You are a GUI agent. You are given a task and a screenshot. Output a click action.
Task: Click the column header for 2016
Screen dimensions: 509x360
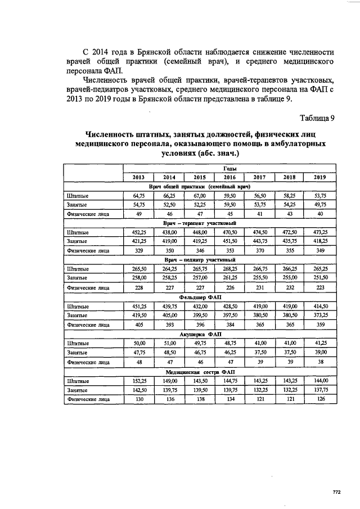(x=229, y=177)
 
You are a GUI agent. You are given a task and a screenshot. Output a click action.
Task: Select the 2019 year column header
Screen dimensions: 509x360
(x=320, y=177)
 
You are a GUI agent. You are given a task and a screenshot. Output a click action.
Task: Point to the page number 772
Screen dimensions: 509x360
(x=336, y=492)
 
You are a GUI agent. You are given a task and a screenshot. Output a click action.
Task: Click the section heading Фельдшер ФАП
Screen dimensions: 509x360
(x=199, y=297)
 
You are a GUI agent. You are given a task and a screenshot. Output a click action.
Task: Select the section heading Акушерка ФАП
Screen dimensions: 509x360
(x=199, y=334)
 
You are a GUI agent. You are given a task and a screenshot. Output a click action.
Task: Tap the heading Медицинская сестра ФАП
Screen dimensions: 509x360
(x=200, y=371)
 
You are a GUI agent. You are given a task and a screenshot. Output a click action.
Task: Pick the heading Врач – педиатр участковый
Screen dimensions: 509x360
(x=199, y=260)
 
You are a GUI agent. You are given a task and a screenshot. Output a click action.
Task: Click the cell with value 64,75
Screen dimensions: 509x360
(x=139, y=196)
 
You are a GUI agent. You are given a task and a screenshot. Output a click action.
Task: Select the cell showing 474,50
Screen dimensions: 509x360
(x=260, y=232)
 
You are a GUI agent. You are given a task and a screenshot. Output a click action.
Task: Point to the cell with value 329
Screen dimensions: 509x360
(x=139, y=251)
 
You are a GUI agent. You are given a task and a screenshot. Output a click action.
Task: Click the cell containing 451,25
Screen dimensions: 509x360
(x=139, y=306)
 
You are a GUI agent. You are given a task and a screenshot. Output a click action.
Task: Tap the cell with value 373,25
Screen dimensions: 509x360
(x=320, y=316)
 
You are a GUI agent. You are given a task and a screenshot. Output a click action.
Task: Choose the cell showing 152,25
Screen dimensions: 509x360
(x=139, y=380)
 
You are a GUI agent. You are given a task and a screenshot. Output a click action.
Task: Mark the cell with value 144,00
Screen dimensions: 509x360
(x=320, y=380)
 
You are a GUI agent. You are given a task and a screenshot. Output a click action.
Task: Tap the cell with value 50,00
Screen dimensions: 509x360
(x=139, y=343)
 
